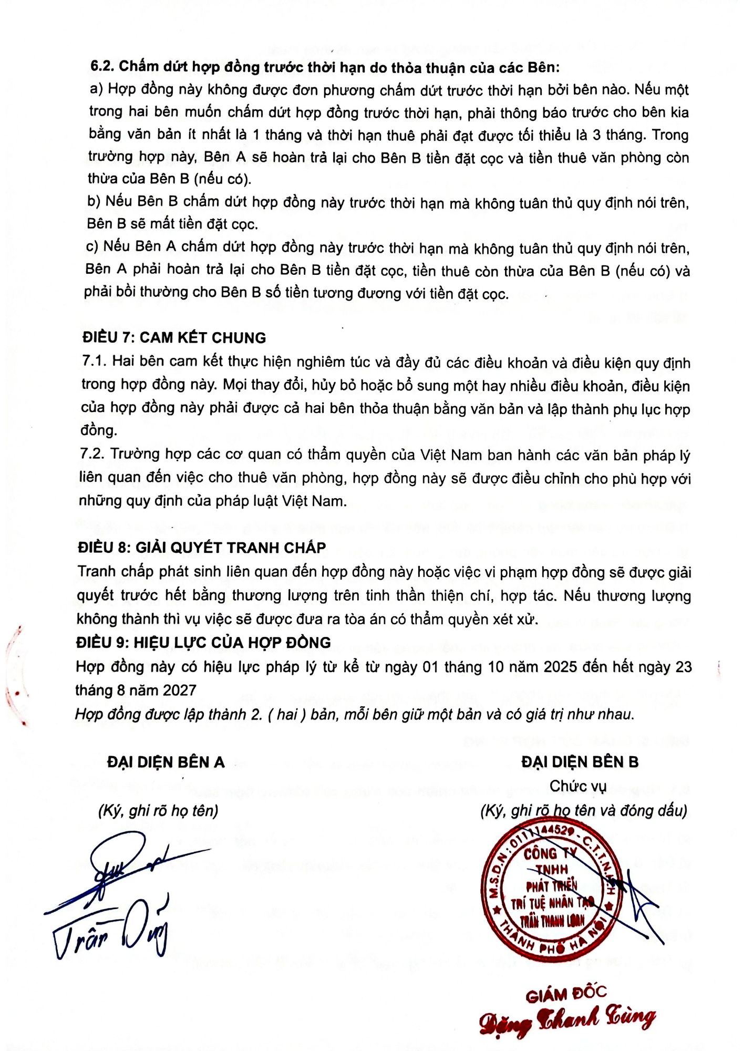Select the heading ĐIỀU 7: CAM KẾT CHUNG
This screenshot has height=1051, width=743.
coord(174,337)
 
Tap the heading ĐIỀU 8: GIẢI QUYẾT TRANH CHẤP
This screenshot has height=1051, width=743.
coord(202,548)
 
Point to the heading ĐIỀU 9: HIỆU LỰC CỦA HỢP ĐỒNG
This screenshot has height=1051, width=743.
coord(203,642)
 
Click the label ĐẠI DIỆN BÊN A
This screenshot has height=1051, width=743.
coord(166,762)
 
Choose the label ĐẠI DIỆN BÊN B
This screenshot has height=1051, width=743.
coord(580,762)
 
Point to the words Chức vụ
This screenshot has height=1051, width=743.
coord(578,786)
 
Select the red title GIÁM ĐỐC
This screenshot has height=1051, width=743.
coord(566,994)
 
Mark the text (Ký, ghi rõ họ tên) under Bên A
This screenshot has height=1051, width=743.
coord(158,810)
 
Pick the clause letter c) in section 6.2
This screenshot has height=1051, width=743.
coord(92,246)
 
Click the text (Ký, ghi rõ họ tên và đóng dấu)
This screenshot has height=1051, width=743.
coord(583,810)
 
